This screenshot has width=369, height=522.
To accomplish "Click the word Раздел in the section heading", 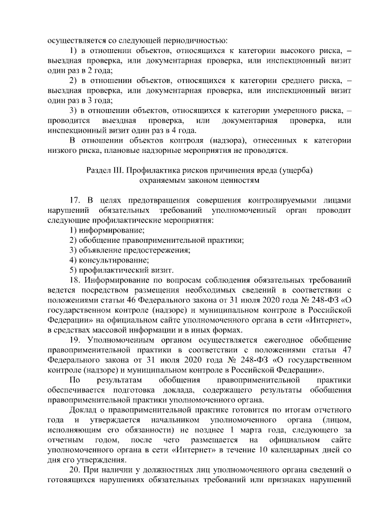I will pos(99,171).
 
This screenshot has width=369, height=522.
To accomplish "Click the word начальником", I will pos(168,420).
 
